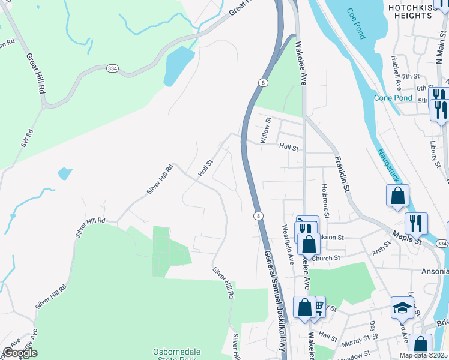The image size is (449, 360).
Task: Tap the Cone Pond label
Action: pos(393,98)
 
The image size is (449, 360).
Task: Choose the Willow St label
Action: pos(266,130)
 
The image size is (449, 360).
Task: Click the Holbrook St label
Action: pos(325,200)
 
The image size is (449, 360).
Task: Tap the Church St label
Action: pos(325,259)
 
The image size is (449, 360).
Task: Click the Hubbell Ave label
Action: pos(396,74)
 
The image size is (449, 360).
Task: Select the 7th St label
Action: pos(411,77)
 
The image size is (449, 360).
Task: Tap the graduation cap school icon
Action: pos(402,308)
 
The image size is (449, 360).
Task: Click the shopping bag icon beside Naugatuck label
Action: pos(397,195)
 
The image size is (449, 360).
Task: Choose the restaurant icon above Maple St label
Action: pos(416,223)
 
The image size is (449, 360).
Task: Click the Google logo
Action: pos(20,353)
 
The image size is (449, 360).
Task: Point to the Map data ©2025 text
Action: pos(424,355)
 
